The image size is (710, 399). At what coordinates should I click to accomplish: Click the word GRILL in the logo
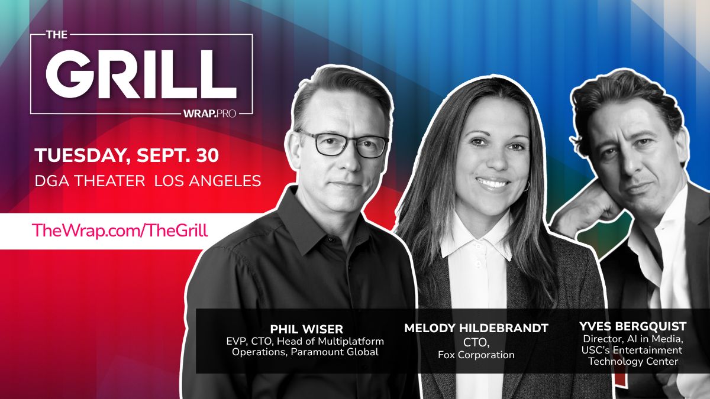(x=141, y=74)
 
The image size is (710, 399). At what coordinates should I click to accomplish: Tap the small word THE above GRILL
(x=57, y=34)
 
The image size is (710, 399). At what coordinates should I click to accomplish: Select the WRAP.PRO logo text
(x=209, y=113)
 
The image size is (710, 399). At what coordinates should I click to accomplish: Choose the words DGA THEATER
(x=90, y=181)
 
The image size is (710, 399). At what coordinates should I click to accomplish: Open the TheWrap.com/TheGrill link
(x=120, y=230)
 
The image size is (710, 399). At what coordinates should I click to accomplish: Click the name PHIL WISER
(x=306, y=329)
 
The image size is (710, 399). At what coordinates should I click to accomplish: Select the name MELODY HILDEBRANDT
(x=476, y=328)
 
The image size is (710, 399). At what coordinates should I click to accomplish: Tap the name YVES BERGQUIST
(x=632, y=326)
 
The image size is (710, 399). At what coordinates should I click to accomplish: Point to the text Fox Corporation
(x=476, y=355)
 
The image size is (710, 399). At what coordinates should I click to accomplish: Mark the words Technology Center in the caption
(x=633, y=361)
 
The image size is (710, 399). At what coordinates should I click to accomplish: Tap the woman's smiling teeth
(x=493, y=183)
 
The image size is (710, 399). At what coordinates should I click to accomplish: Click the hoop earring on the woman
(x=527, y=186)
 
